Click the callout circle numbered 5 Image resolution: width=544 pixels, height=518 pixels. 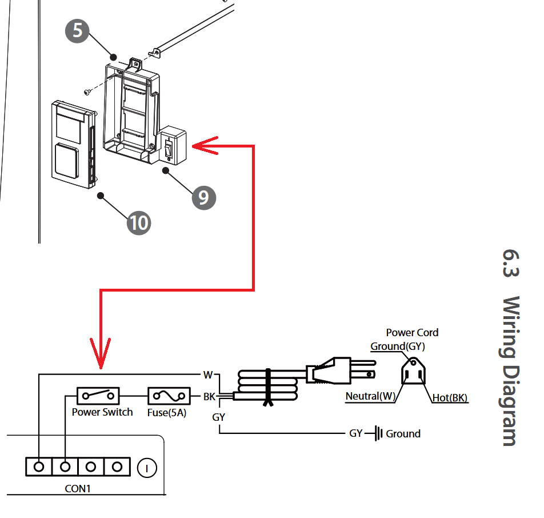[77, 31]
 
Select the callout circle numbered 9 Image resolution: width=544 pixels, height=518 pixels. [204, 198]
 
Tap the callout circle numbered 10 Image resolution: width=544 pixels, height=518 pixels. [139, 223]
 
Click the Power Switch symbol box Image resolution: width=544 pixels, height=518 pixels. [98, 396]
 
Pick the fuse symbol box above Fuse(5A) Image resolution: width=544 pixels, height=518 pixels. [169, 396]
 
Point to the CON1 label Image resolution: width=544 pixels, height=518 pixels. [78, 488]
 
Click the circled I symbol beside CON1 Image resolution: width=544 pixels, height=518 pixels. [147, 468]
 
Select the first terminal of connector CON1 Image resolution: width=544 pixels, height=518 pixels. [39, 467]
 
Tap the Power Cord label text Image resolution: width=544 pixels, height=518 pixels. [412, 333]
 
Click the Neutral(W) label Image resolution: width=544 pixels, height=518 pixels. [370, 396]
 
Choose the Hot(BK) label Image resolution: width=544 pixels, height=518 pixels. [450, 397]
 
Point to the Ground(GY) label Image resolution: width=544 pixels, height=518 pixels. [398, 346]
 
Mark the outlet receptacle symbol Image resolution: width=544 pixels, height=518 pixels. [413, 371]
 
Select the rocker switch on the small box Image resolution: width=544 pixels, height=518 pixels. [169, 148]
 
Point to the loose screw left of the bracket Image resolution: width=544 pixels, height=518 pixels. [87, 92]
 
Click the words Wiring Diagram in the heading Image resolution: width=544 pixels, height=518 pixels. [511, 370]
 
